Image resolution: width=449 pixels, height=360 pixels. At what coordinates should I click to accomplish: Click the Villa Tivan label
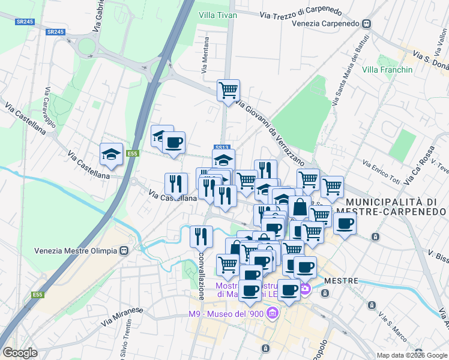coord(218,15)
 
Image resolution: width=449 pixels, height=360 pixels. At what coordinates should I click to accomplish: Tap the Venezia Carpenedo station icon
coord(366,24)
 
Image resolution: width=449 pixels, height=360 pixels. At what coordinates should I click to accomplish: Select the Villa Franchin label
coord(388,70)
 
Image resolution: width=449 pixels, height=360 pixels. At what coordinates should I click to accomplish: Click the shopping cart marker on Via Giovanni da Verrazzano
coord(228,91)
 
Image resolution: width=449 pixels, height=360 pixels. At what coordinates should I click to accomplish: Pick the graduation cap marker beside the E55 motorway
coord(111,154)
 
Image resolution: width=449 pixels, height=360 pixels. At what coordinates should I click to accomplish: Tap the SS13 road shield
coord(221,148)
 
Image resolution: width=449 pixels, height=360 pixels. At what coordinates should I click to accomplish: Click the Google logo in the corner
coord(20,352)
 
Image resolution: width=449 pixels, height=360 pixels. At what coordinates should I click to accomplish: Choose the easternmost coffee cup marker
coord(345,224)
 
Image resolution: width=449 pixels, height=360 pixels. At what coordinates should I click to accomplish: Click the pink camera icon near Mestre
coord(306,289)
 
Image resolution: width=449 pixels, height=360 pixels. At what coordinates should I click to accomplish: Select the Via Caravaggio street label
coord(50,108)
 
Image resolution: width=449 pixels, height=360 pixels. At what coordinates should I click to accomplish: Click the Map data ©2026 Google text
coord(411,355)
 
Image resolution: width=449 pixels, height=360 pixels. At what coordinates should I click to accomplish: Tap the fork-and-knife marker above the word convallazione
coord(201,236)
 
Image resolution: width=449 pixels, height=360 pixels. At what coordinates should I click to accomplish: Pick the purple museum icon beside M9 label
coord(273,313)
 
